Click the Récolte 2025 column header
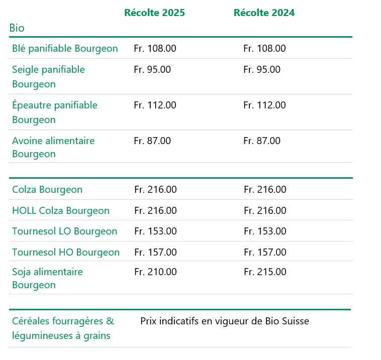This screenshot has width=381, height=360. tap(154, 13)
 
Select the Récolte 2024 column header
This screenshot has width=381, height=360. tap(264, 13)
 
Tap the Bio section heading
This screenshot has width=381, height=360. tap(17, 28)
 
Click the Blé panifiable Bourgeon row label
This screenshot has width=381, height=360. tap(65, 49)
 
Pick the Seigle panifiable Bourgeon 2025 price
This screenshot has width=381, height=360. tap(152, 70)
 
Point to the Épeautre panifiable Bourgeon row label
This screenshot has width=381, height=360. tap(54, 112)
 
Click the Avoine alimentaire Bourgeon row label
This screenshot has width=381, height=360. tap(53, 147)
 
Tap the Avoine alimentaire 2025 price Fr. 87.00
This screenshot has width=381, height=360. tap(152, 141)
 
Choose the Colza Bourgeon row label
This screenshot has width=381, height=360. tap(47, 190)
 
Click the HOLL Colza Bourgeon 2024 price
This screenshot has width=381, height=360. tap(265, 211)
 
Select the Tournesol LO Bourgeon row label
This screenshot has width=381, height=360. tap(64, 231)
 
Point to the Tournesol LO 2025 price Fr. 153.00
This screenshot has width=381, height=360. tap(155, 231)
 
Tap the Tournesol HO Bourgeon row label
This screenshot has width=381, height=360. tap(66, 252)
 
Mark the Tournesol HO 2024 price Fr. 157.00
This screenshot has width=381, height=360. tap(265, 252)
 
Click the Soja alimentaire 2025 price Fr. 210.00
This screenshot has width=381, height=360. tap(155, 272)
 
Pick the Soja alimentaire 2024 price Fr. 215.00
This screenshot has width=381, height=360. tap(265, 272)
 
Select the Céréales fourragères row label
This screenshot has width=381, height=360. tap(63, 328)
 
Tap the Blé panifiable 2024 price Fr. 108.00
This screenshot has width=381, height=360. tap(264, 49)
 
